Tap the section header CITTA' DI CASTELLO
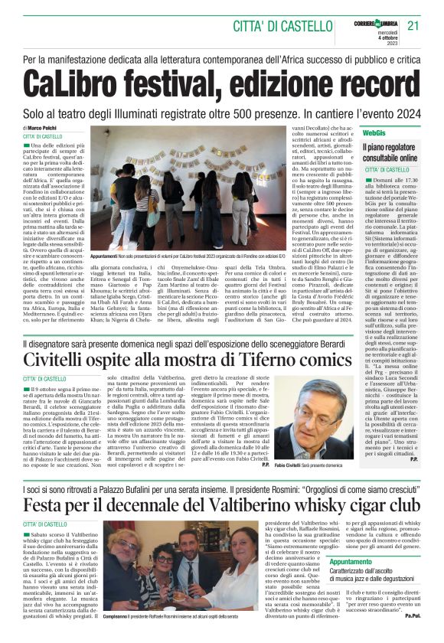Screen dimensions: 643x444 [x=276, y=25]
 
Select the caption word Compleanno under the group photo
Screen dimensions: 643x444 [x=117, y=615]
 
